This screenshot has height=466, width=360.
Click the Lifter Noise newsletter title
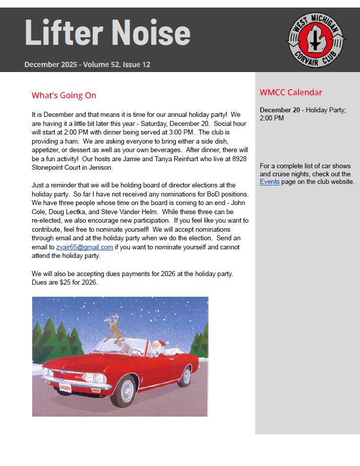click(107, 33)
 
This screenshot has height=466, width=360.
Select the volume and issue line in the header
click(87, 64)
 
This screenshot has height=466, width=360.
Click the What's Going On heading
click(64, 95)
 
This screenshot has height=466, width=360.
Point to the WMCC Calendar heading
click(291, 92)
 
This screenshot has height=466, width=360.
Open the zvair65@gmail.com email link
click(85, 247)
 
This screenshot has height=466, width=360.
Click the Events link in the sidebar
click(269, 181)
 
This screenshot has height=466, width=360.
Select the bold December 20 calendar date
click(280, 110)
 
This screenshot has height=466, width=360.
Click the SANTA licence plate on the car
click(65, 387)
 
